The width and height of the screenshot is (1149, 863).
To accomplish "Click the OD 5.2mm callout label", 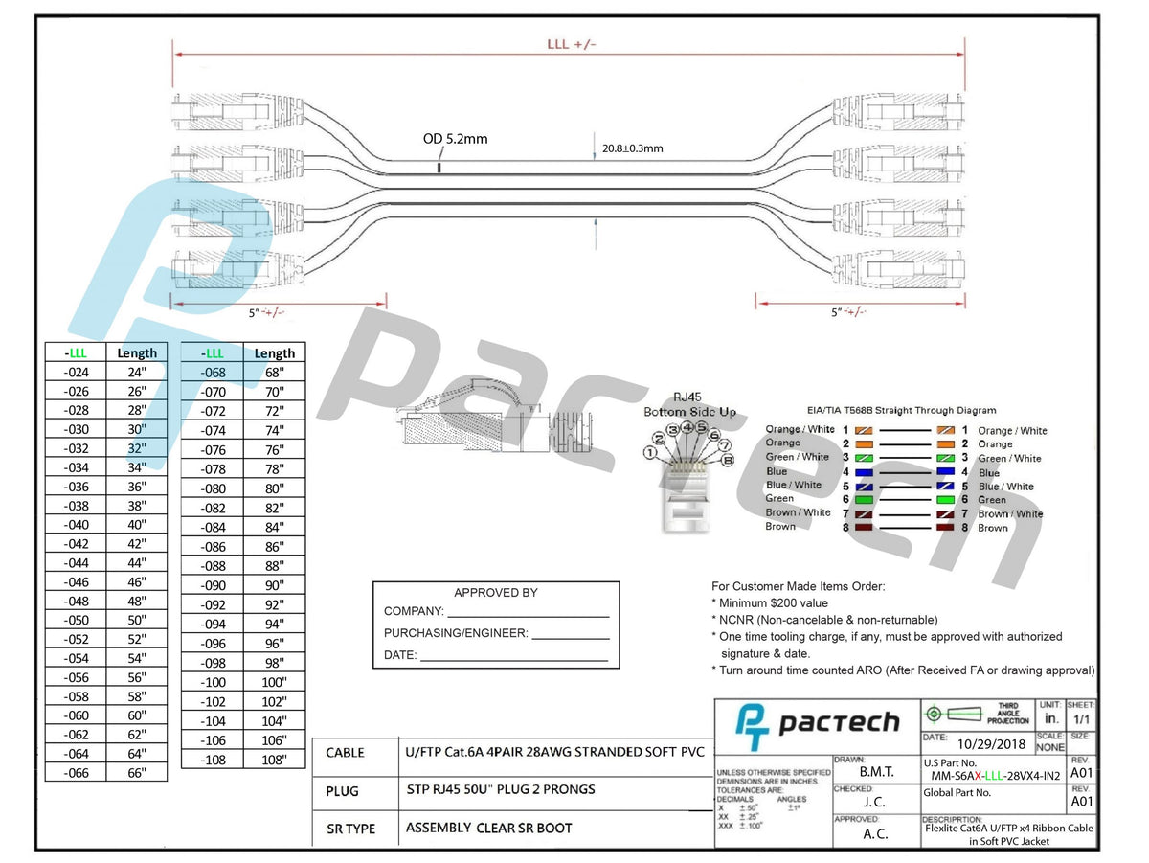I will pyautogui.click(x=455, y=139).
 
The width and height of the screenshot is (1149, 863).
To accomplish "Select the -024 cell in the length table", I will pyautogui.click(x=75, y=373).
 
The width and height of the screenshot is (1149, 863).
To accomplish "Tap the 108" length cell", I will pyautogui.click(x=275, y=760).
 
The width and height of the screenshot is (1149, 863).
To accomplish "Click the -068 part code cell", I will pyautogui.click(x=213, y=373).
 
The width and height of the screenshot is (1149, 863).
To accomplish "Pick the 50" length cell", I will pyautogui.click(x=136, y=620).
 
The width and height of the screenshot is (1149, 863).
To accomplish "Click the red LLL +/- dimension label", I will pyautogui.click(x=571, y=44).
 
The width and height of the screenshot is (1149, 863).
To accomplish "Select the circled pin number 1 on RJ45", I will pyautogui.click(x=651, y=452).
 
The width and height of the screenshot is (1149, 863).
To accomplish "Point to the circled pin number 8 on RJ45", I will pyautogui.click(x=729, y=460).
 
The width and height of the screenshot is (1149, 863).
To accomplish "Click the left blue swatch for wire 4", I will pyautogui.click(x=864, y=472).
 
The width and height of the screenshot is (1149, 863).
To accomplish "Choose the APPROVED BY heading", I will pyautogui.click(x=495, y=593).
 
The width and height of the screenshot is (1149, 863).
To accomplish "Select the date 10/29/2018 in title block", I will pyautogui.click(x=989, y=743).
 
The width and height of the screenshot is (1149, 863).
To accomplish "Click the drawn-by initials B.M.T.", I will pyautogui.click(x=876, y=771).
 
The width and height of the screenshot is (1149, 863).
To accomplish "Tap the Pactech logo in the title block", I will pyautogui.click(x=817, y=725).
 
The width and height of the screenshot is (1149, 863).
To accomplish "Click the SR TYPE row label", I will pyautogui.click(x=350, y=829).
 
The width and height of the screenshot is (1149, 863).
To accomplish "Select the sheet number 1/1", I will pyautogui.click(x=1080, y=718).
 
